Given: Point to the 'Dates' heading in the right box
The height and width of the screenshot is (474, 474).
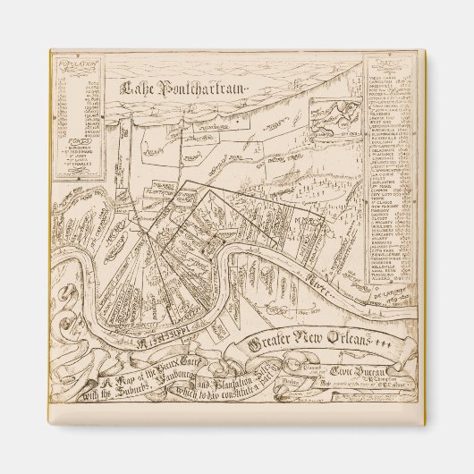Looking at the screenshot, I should (387, 66).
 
